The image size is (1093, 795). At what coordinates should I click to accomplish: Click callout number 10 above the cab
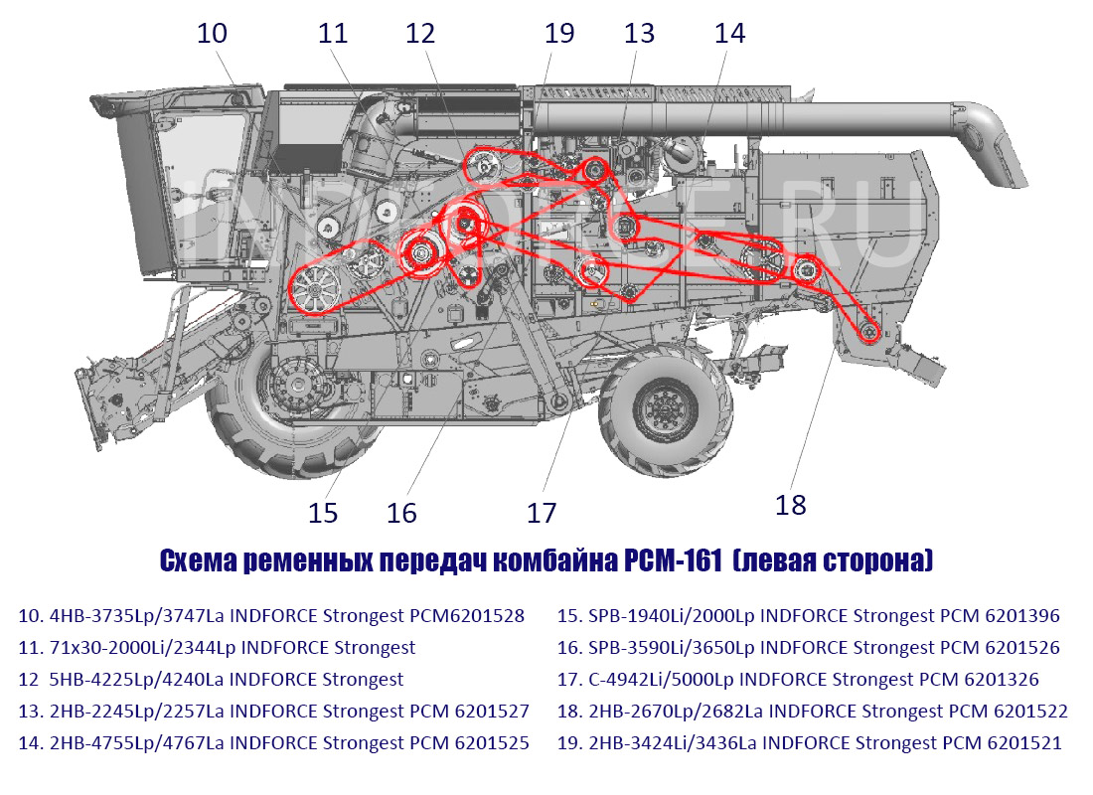(x=212, y=34)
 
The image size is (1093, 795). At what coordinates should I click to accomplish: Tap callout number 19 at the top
(x=559, y=34)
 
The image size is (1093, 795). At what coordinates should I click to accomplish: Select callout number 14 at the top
(x=730, y=34)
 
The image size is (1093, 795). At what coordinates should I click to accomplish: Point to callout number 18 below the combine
(x=791, y=505)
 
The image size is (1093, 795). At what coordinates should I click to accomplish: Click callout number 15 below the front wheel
(x=323, y=513)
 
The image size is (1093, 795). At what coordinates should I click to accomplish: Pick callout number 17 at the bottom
(x=542, y=513)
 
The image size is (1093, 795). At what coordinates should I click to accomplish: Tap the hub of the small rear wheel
(x=665, y=406)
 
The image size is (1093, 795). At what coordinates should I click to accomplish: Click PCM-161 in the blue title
(x=673, y=560)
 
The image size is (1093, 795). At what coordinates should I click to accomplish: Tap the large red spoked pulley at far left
(x=314, y=290)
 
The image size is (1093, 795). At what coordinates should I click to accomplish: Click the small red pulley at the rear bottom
(x=867, y=333)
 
